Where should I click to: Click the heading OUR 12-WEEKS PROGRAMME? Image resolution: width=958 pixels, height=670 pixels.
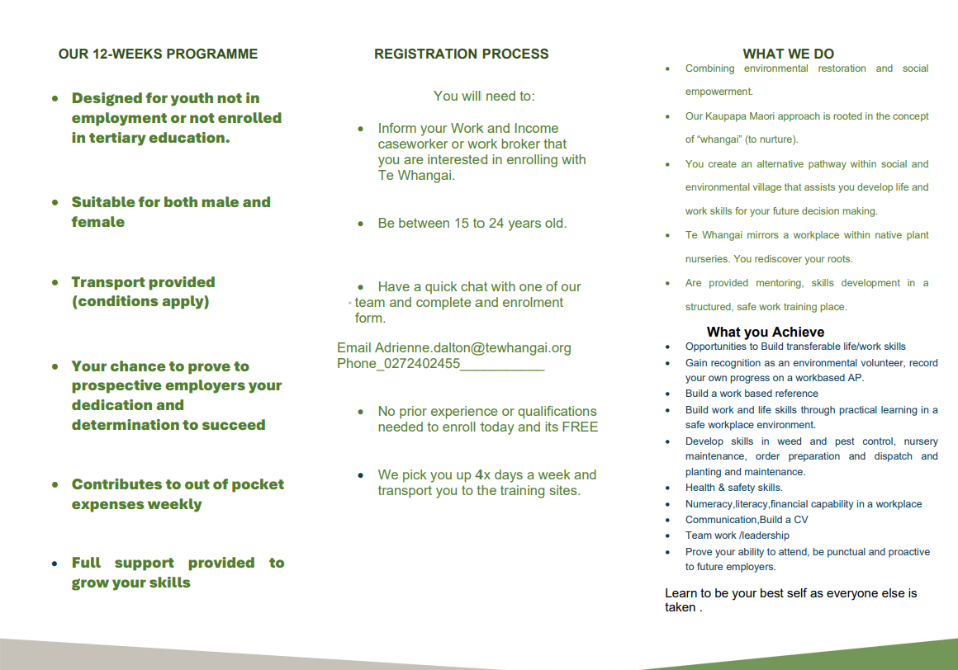click(158, 54)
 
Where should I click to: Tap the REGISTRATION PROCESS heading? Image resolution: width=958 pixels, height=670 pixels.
click(461, 54)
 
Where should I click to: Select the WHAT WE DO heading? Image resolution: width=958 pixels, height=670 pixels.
click(788, 54)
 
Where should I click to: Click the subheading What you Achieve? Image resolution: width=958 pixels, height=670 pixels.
click(765, 332)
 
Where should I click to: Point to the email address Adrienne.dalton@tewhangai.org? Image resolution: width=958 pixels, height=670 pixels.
click(473, 348)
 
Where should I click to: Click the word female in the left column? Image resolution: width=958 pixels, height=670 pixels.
click(97, 222)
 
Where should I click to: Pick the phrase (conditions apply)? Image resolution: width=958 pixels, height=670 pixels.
click(140, 301)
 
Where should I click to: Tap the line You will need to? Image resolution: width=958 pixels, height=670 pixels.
click(484, 97)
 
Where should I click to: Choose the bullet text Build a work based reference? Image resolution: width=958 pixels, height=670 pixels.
click(752, 394)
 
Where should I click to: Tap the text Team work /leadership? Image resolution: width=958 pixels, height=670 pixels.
click(725, 536)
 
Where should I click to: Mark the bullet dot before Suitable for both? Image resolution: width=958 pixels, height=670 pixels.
click(55, 202)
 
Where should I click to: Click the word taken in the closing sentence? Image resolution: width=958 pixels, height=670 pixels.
click(681, 607)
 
